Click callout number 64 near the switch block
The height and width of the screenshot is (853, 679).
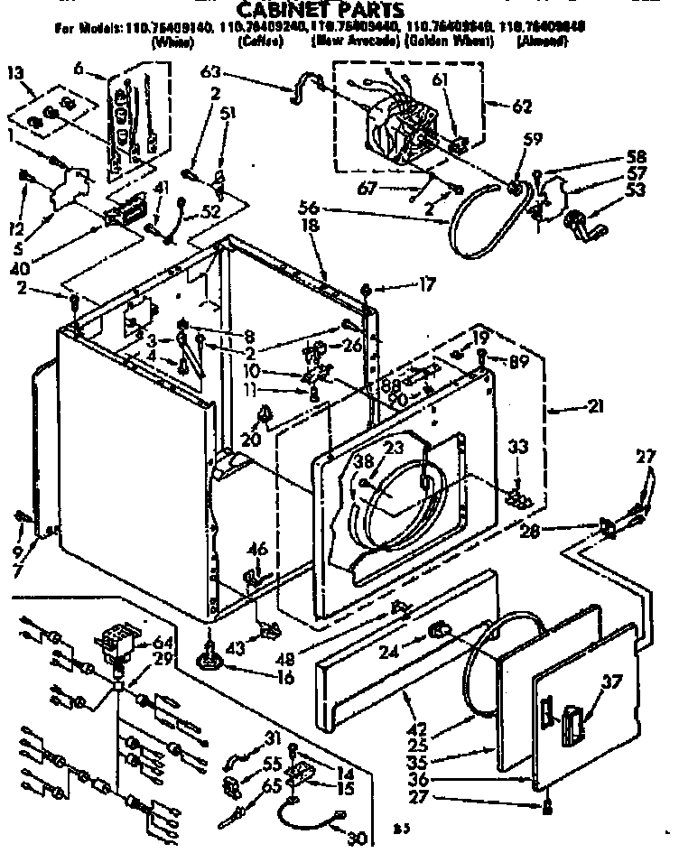(163, 643)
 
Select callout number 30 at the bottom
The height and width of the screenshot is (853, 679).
(355, 838)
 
